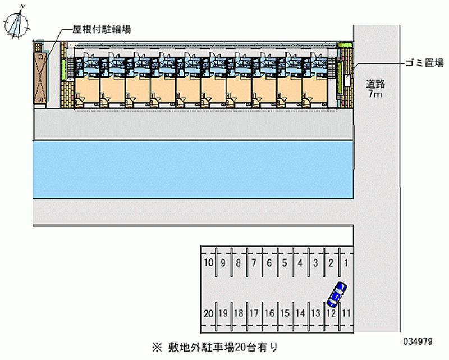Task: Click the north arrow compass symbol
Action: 17,22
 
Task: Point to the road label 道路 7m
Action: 375,89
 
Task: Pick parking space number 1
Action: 347,262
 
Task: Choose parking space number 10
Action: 208,262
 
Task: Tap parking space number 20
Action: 208,313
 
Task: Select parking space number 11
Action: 347,313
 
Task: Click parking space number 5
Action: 285,262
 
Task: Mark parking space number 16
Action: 269,313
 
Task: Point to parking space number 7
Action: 254,262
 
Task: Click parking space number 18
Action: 239,313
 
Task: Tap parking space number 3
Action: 316,262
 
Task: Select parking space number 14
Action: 300,313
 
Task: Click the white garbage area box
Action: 347,80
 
